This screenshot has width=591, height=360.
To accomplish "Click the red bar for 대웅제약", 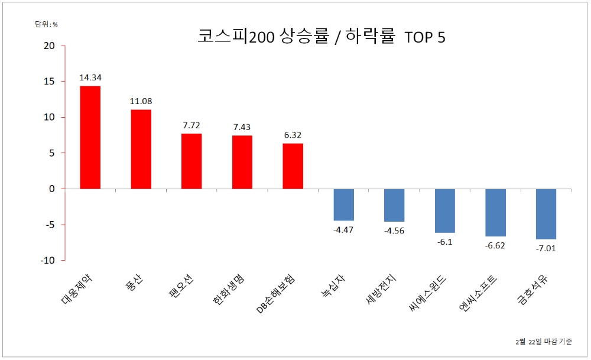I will (x=90, y=137).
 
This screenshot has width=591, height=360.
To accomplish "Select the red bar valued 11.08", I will (x=141, y=149).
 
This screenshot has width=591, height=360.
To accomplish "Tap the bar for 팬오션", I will (x=191, y=161).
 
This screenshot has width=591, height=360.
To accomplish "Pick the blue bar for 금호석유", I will (x=546, y=214).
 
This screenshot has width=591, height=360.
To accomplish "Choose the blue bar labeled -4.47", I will (x=343, y=205).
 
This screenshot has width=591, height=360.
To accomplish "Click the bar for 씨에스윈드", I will (x=445, y=210).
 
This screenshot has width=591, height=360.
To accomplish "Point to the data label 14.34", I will (x=90, y=77).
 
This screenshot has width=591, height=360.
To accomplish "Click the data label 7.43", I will (x=242, y=127).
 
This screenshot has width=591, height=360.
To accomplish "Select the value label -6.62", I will (x=496, y=245).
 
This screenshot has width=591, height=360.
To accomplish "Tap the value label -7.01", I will (x=546, y=248).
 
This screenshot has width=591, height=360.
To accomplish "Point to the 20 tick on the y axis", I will (x=49, y=46).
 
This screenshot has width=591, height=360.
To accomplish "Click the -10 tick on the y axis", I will (x=47, y=261).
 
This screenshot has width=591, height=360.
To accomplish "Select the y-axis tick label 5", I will (x=52, y=153).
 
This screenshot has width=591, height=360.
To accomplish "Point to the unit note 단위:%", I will (x=46, y=24).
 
